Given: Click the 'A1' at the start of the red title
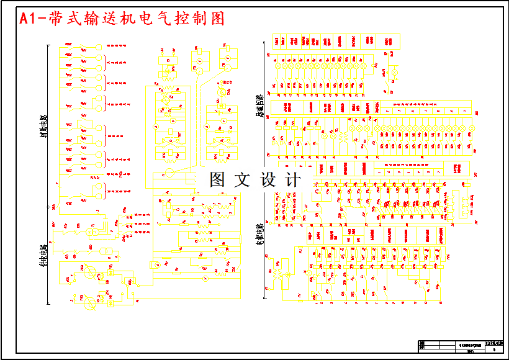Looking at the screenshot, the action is tap(28, 19).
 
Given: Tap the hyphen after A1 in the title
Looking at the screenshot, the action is tap(42, 19).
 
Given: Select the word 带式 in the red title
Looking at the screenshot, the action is tap(64, 19).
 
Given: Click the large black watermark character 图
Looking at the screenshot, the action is tap(218, 180).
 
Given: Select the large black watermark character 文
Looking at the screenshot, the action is tap(243, 180).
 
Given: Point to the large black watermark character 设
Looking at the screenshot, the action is tap(268, 180).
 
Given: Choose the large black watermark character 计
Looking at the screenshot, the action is tap(293, 180).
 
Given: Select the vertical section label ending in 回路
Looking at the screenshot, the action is tap(259, 106).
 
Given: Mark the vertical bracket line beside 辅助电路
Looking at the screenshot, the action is tap(49, 124).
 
